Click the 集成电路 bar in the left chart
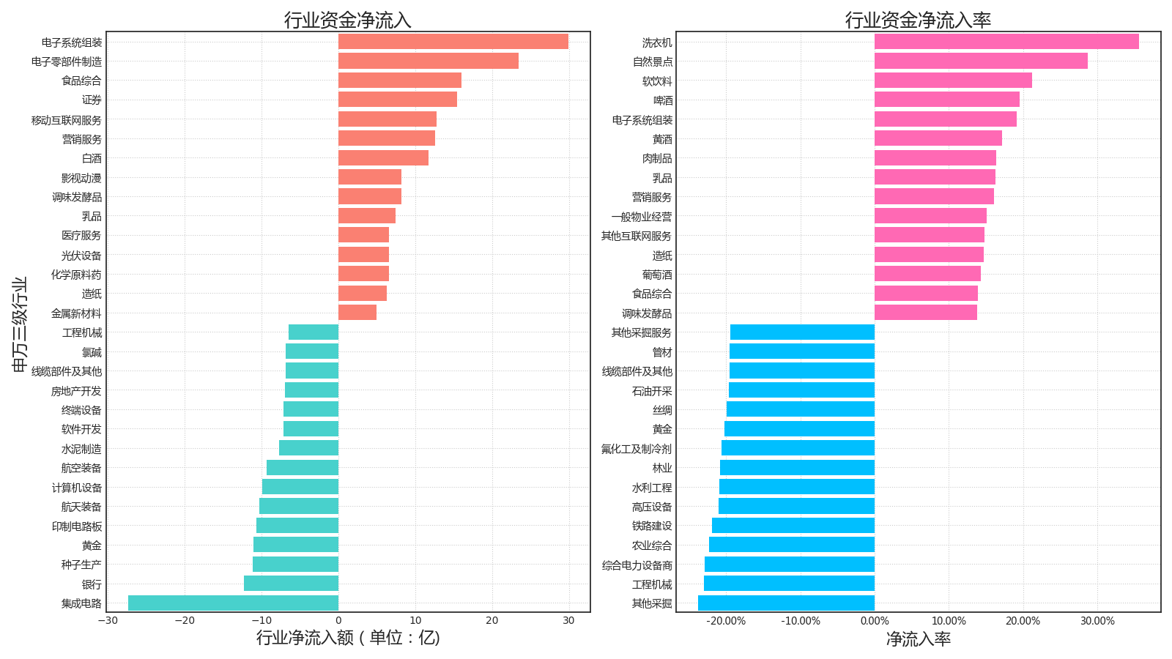233,603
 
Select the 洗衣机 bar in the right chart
1006,42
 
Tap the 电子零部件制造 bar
428,62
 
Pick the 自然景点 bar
981,62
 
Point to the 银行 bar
291,584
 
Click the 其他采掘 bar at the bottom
786,603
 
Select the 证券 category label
92,100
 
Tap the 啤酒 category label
663,100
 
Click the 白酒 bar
383,158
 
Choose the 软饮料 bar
953,81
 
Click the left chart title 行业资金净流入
348,20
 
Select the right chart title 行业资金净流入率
918,20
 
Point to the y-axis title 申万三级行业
20,324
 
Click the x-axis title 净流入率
918,639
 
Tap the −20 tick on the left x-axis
185,621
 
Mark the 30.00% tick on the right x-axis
1097,621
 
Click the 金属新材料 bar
357,313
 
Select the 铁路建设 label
652,526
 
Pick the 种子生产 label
81,565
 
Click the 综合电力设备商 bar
790,565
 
